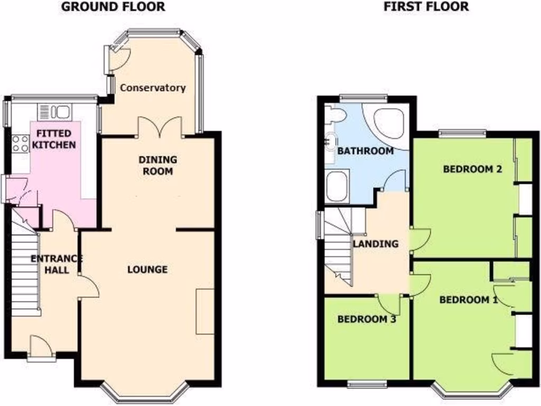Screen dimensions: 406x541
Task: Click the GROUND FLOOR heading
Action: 113,7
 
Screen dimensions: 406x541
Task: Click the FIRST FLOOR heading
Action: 426,7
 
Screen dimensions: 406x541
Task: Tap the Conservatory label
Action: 153,88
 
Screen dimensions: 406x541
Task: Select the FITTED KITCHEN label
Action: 53,139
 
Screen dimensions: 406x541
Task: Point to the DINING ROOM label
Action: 157,165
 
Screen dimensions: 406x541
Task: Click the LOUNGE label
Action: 147,270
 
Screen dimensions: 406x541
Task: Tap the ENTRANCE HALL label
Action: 57,264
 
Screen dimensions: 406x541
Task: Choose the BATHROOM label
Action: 365,151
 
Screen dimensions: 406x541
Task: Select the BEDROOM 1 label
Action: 469,300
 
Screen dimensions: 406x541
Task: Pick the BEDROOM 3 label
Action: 367,319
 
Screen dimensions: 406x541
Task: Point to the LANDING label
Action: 375,244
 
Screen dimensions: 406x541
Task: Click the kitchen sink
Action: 54,112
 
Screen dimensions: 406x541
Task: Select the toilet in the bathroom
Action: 334,114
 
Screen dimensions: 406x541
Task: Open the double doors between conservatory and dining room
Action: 160,127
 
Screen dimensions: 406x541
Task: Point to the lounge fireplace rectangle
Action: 205,311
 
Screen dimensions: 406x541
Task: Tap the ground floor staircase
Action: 26,275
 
